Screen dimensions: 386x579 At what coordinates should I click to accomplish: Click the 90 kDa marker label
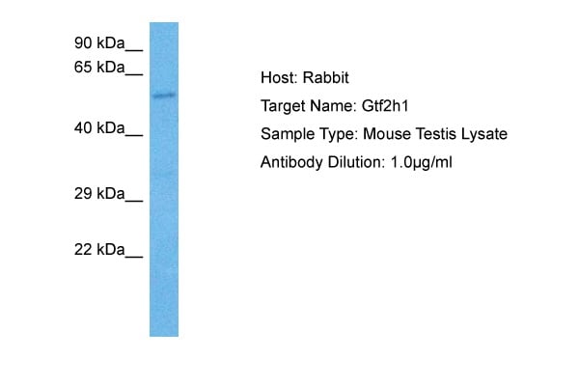[x=98, y=42]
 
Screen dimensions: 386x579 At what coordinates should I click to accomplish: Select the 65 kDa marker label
[x=98, y=67]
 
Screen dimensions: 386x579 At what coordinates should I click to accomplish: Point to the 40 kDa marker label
[x=98, y=127]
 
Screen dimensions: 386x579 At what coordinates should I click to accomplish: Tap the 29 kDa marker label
[x=98, y=194]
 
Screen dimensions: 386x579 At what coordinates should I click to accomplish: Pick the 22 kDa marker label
[x=98, y=250]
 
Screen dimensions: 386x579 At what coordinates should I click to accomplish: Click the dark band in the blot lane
[x=163, y=95]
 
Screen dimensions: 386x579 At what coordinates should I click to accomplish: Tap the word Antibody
[x=289, y=162]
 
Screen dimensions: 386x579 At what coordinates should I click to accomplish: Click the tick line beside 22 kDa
[x=134, y=256]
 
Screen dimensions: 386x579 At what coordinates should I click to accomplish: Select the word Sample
[x=285, y=134]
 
